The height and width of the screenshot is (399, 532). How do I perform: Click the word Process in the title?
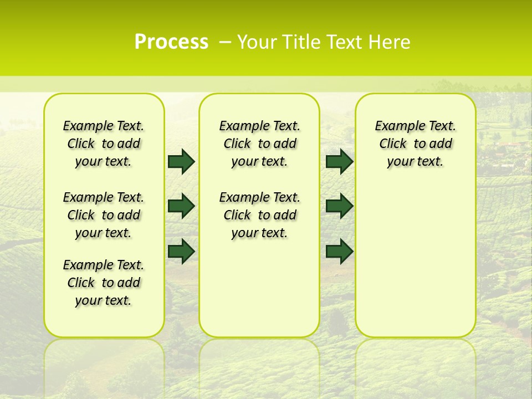pos(171,42)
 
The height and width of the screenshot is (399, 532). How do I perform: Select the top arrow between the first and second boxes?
pos(181,162)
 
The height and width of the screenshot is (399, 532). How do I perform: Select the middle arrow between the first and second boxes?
pos(181,206)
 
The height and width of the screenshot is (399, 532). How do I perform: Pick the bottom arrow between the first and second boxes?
pos(181,251)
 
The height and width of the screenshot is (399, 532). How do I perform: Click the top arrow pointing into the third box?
pos(339,162)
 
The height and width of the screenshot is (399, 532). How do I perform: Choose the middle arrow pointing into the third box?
pos(339,206)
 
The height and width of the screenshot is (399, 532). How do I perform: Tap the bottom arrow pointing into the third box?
pos(339,251)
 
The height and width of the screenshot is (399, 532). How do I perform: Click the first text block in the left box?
pos(104,144)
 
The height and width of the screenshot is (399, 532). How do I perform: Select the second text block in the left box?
pos(104,215)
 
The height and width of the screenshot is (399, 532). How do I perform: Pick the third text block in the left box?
pos(104,283)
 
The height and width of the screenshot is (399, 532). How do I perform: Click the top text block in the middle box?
pos(259,144)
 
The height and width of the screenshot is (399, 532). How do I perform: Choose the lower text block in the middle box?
pos(259,215)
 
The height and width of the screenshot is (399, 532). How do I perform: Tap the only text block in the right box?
pos(415,144)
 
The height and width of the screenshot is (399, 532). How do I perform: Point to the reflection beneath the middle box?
pos(259,360)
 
